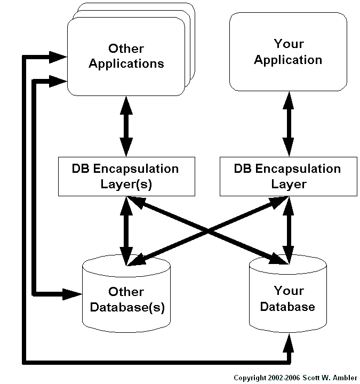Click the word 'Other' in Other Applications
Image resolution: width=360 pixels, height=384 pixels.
pyautogui.click(x=126, y=49)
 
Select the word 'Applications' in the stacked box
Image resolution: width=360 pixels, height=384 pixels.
pyautogui.click(x=126, y=63)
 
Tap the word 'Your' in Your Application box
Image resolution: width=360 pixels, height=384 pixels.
pyautogui.click(x=289, y=44)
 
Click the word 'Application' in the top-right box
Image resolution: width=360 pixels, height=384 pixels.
pyautogui.click(x=288, y=59)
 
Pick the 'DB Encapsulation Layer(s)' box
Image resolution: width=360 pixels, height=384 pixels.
pyautogui.click(x=125, y=177)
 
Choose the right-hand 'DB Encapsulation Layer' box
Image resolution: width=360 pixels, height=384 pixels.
pyautogui.click(x=287, y=177)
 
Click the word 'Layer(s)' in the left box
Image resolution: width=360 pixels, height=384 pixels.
pyautogui.click(x=125, y=185)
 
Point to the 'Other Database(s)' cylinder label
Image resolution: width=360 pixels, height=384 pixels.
pyautogui.click(x=126, y=300)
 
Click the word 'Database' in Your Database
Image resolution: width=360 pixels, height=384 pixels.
pyautogui.click(x=287, y=307)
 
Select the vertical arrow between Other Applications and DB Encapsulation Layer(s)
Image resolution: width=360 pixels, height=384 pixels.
pyautogui.click(x=126, y=126)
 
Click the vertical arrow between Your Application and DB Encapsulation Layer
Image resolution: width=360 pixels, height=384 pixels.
pyautogui.click(x=288, y=124)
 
